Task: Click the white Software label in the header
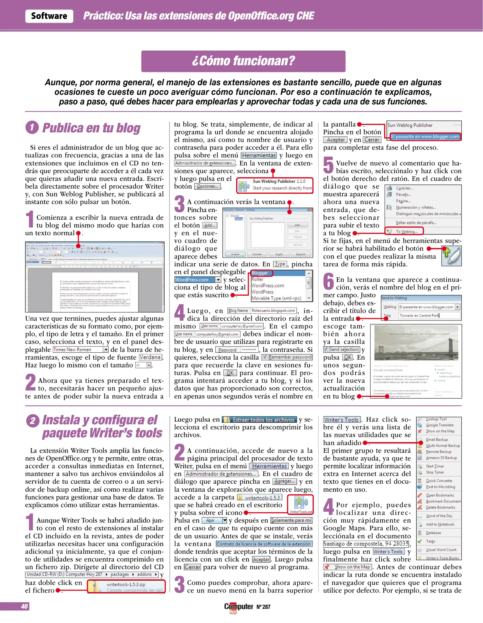[x=49, y=16]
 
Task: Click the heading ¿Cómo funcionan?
[x=243, y=61]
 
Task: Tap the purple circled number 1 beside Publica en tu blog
[x=32, y=127]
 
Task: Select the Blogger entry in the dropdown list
[x=260, y=273]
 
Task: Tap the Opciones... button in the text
[x=207, y=186]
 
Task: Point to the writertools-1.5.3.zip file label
[x=126, y=584]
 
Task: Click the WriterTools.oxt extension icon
[x=301, y=503]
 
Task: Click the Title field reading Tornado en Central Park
[x=429, y=316]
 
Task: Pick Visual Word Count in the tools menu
[x=441, y=550]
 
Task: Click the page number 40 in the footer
[x=24, y=606]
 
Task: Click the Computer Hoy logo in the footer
[x=238, y=607]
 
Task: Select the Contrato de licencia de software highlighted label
[x=264, y=544]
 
